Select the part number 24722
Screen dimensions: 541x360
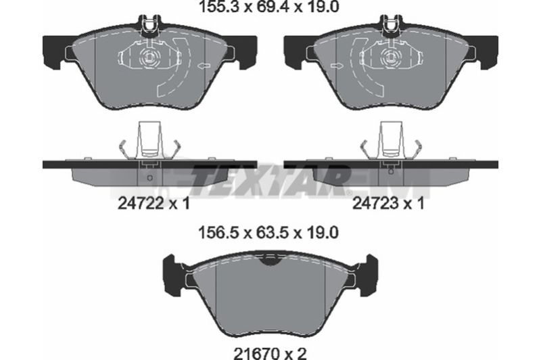pos(141,203)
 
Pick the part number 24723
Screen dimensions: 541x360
pos(375,203)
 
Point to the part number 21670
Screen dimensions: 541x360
pos(256,353)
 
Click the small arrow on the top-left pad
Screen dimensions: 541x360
pos(204,65)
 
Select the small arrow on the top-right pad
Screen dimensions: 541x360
pos(337,65)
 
